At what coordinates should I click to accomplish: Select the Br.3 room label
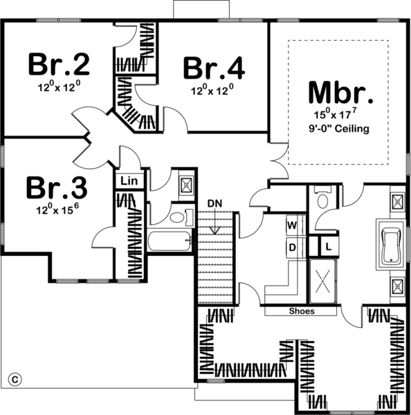[57, 188]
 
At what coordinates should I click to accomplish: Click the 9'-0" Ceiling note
[340, 129]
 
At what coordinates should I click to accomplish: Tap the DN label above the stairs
[214, 201]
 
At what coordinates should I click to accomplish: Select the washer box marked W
[292, 225]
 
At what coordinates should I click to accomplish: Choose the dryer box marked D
[292, 247]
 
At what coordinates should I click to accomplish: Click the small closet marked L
[328, 246]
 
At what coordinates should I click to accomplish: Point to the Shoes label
[301, 311]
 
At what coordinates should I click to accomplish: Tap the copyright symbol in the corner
[12, 378]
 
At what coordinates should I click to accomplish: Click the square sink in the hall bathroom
[186, 184]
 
